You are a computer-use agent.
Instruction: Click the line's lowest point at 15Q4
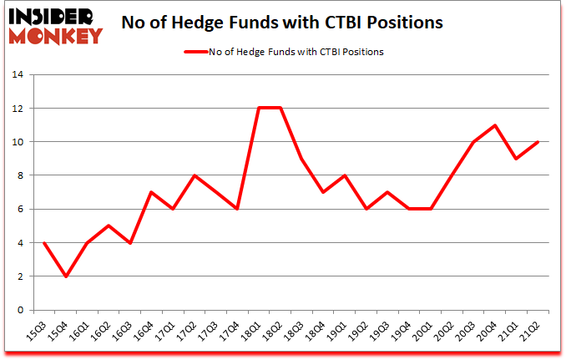65,276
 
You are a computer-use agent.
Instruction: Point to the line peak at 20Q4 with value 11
495,125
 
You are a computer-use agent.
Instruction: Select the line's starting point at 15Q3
43,242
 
